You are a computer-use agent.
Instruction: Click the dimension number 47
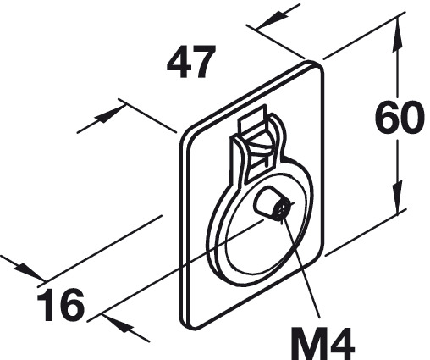[191, 61]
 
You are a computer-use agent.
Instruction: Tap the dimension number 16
[61, 305]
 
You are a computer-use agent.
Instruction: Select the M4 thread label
[322, 343]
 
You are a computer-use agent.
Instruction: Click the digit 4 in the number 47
[178, 62]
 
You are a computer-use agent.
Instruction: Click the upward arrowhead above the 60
[397, 36]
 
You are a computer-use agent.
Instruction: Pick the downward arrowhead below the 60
[397, 197]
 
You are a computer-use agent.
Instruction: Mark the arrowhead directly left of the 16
[28, 270]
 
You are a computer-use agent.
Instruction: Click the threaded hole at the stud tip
[281, 210]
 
